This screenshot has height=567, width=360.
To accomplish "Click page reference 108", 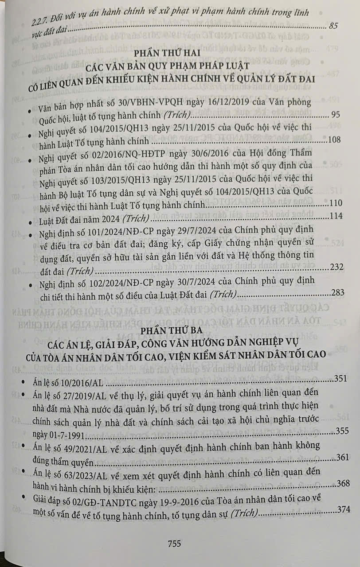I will (x=333, y=140).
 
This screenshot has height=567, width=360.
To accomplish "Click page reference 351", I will (x=340, y=379).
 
